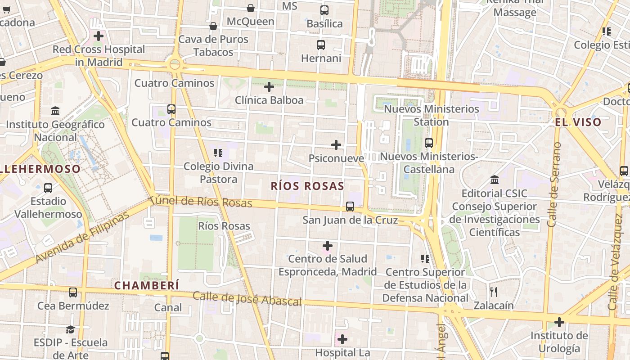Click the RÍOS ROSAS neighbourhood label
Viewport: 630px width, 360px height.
(x=307, y=186)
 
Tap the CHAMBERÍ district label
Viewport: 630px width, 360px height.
(x=147, y=285)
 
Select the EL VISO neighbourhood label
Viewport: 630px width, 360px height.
(x=578, y=122)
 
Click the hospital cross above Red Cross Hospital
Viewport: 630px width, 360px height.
(x=99, y=36)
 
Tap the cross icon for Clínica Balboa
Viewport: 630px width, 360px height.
(x=269, y=87)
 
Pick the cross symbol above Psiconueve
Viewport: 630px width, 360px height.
(x=336, y=145)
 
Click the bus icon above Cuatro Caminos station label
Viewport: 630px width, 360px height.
(x=171, y=109)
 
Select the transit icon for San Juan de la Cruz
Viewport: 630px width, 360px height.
(x=350, y=207)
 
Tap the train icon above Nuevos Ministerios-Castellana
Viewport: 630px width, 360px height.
(x=429, y=143)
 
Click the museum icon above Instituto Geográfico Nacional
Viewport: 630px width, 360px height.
(x=56, y=111)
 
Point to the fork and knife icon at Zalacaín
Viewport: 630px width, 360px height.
(x=494, y=292)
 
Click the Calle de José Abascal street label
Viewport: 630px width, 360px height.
(x=247, y=299)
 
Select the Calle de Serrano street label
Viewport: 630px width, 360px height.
(x=555, y=184)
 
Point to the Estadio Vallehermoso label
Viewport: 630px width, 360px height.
(x=48, y=207)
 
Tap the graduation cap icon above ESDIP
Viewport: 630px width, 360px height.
(x=70, y=330)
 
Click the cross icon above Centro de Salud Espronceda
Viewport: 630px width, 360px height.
(x=328, y=246)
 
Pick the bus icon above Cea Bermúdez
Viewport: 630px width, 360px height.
(x=73, y=292)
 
